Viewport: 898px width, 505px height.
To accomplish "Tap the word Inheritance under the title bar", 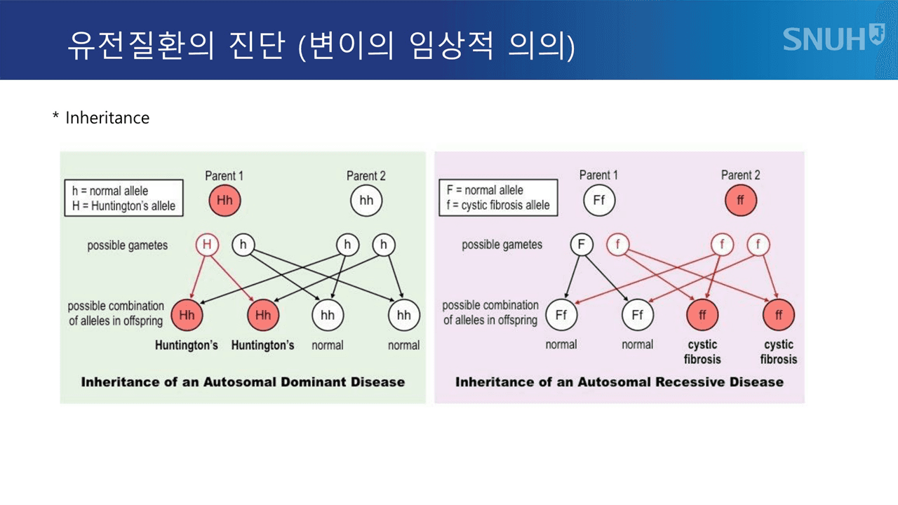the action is (x=107, y=118).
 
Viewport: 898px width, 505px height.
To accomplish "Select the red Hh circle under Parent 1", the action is (x=224, y=201).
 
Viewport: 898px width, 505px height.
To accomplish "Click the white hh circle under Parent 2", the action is (x=366, y=201).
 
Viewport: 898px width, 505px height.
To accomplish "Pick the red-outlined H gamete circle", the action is (x=207, y=245).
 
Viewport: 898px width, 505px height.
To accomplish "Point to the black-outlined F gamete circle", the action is (x=582, y=244).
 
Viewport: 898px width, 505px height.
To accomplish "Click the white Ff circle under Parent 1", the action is (x=599, y=200).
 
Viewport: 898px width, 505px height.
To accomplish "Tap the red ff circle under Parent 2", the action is (x=740, y=200).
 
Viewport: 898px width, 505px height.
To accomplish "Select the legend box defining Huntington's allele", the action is (x=124, y=198).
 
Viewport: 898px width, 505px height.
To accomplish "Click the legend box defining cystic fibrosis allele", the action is (x=498, y=197).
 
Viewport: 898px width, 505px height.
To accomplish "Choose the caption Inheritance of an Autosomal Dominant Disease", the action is (x=243, y=382).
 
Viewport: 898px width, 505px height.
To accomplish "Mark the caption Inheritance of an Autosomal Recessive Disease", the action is (x=619, y=382).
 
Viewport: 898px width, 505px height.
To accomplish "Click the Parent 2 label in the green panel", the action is (x=366, y=176).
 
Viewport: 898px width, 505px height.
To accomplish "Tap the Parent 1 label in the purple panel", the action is (x=598, y=175).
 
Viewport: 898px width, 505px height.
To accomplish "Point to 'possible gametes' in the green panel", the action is (x=128, y=245).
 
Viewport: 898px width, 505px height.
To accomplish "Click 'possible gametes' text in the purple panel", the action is (x=502, y=245).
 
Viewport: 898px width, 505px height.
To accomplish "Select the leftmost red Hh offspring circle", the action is (x=187, y=315).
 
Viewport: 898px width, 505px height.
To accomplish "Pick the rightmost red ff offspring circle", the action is (x=779, y=315).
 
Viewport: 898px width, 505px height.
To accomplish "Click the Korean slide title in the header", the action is (x=321, y=45).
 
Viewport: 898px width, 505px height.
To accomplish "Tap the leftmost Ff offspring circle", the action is (x=561, y=315).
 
